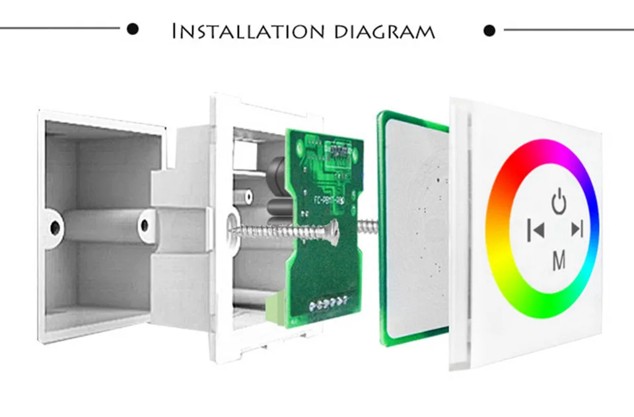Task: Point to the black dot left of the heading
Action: click(133, 29)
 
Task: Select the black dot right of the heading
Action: click(489, 30)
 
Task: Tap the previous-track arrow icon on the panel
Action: click(536, 230)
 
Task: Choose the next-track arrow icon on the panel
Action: click(578, 229)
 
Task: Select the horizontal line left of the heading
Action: click(59, 29)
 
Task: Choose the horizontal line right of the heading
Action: click(568, 30)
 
